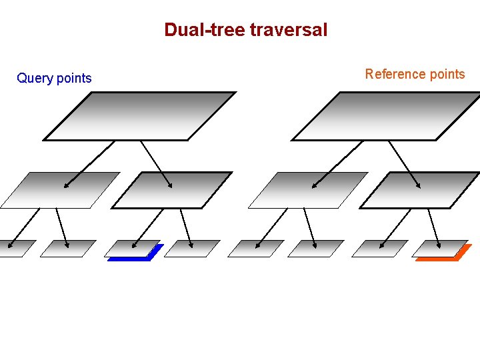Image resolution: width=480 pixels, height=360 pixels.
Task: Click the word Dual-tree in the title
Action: (x=205, y=30)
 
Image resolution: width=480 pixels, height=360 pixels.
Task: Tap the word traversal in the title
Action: (x=289, y=30)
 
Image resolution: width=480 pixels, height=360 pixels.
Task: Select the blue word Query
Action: (x=35, y=79)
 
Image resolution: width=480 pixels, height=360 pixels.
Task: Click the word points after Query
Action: (x=74, y=79)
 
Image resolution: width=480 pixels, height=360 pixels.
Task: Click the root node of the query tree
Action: (x=140, y=116)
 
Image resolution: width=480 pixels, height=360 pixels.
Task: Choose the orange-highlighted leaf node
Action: (x=439, y=249)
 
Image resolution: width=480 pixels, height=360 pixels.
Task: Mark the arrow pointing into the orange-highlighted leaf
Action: (x=433, y=228)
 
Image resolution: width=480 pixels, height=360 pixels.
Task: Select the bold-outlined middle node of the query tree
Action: (x=172, y=191)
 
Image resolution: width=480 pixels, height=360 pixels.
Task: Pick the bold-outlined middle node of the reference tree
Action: (x=420, y=191)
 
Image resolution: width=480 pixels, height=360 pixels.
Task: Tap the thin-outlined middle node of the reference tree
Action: (x=307, y=191)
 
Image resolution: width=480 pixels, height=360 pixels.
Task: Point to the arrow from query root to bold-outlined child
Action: (x=157, y=164)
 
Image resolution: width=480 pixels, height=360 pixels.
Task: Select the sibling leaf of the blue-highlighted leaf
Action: (x=192, y=249)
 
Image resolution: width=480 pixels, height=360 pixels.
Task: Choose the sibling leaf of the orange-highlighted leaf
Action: (x=379, y=249)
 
